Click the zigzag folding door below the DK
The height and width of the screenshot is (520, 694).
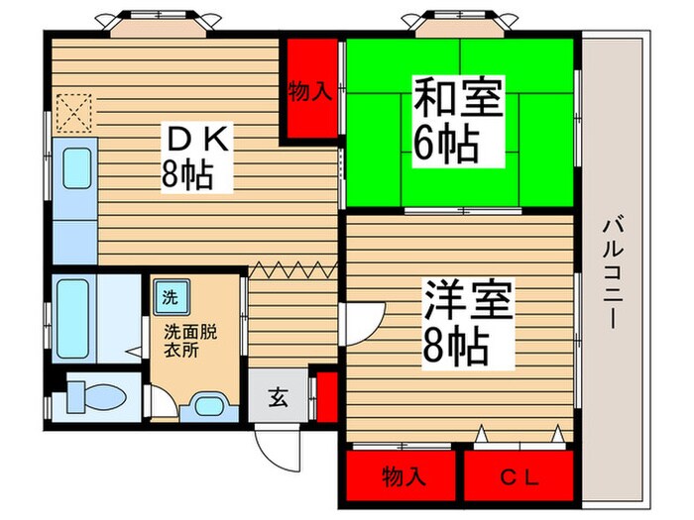point(294,267)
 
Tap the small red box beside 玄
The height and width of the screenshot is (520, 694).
point(322,396)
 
